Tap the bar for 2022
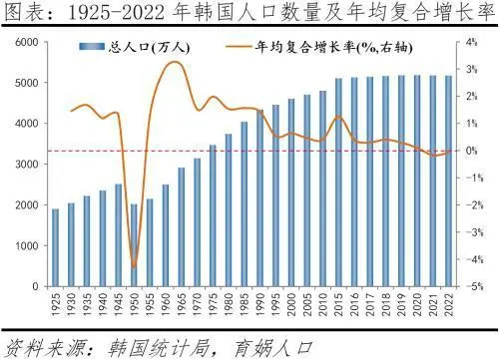pos(447,180)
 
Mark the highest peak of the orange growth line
pos(175,62)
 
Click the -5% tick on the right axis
pos(471,286)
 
